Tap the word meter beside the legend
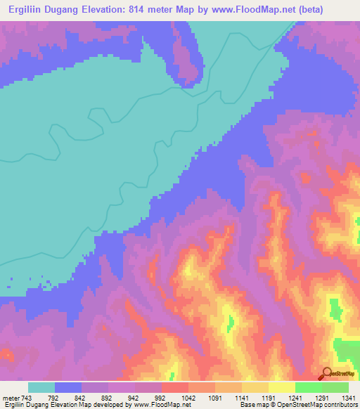pyautogui.click(x=11, y=398)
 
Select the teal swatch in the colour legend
pyautogui.click(x=41, y=387)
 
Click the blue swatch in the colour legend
pyautogui.click(x=68, y=387)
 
